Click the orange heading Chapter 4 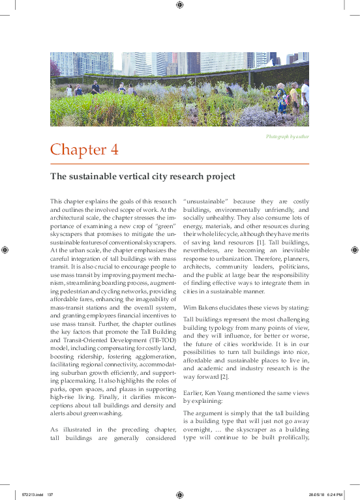tap(84, 149)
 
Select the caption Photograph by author tap(287, 136)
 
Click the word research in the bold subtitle tap(172, 177)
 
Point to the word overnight tap(202, 430)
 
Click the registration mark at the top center tap(179, 5)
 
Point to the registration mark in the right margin tap(354, 250)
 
